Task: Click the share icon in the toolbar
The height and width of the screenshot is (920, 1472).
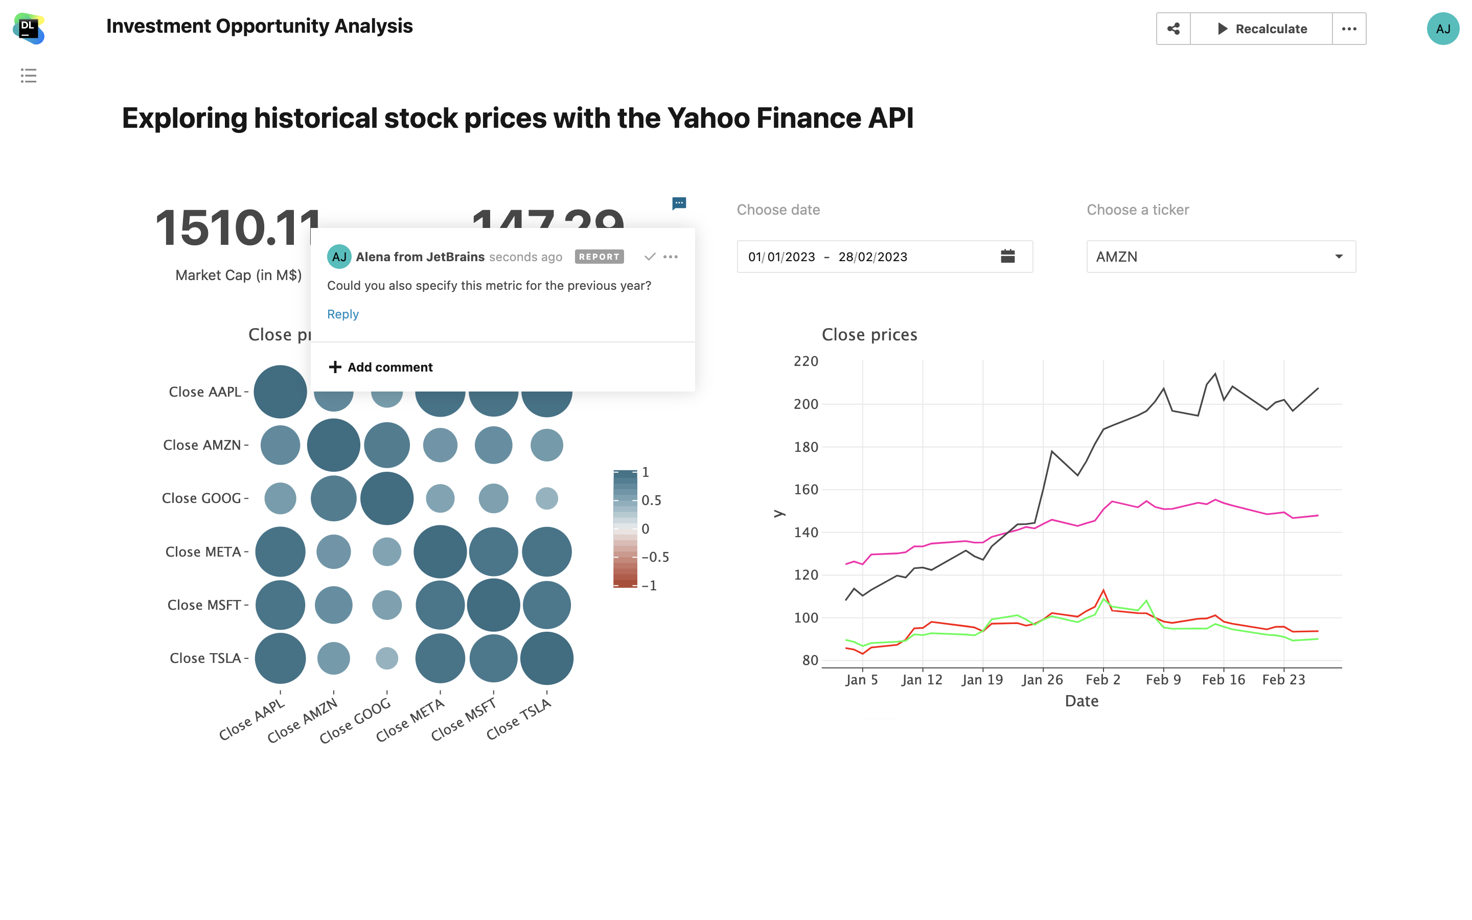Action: [x=1174, y=29]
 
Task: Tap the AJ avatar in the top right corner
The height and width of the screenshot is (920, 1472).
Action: [x=1442, y=29]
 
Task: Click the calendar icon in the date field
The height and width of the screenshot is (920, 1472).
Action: [x=1007, y=256]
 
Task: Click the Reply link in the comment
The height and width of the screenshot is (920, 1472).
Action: [x=342, y=314]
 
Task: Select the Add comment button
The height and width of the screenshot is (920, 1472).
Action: [x=381, y=367]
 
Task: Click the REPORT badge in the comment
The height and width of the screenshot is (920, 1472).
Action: [x=599, y=257]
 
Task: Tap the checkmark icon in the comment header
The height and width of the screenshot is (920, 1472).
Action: [x=650, y=257]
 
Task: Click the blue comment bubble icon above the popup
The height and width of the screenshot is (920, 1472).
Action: [x=679, y=202]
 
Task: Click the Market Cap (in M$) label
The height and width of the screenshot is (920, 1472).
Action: [x=239, y=275]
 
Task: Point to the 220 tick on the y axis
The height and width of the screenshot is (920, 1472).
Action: [x=806, y=361]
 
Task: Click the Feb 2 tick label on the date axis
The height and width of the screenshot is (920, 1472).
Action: [x=1103, y=680]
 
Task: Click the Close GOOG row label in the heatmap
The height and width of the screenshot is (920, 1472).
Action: [x=201, y=498]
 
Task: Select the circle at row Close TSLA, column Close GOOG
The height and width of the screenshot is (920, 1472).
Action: [x=387, y=658]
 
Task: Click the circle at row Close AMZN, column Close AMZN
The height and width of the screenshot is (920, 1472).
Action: [x=333, y=445]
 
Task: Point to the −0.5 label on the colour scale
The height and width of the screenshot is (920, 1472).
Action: [x=655, y=557]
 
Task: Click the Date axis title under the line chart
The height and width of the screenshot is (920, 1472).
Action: [x=1082, y=701]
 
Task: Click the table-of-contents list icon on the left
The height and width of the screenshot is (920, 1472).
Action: [x=29, y=76]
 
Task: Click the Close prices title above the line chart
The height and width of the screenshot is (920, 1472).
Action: [x=869, y=335]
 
